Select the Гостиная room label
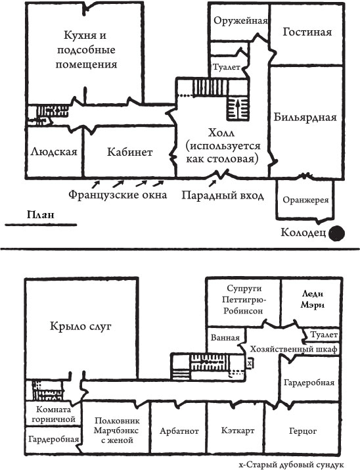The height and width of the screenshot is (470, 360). click(x=307, y=32)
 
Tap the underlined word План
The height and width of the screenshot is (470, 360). click(x=39, y=214)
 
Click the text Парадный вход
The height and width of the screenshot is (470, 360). click(x=223, y=196)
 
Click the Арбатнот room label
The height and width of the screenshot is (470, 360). click(x=178, y=433)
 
